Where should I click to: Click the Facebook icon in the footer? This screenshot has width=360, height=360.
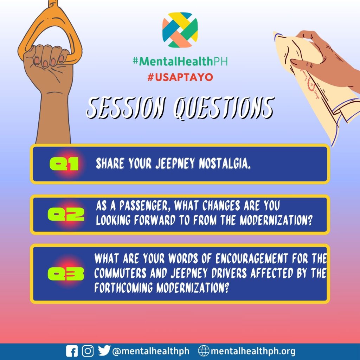click(72, 351)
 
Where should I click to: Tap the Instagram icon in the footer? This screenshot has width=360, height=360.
click(88, 351)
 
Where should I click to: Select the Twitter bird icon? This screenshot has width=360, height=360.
click(104, 351)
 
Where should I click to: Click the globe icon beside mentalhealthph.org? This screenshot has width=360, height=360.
click(204, 351)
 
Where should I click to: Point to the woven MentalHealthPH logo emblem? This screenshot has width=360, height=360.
click(180, 30)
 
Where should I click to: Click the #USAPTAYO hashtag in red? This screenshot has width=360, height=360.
click(180, 77)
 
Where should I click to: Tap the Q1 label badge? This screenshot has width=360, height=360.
click(64, 164)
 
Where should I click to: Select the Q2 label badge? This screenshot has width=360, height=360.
click(66, 214)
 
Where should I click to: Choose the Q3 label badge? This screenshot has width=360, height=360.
click(66, 274)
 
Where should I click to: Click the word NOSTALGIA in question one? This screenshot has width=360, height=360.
click(225, 163)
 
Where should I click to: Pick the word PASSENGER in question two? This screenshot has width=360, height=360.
click(145, 205)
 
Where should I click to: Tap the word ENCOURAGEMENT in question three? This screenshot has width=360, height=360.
click(252, 258)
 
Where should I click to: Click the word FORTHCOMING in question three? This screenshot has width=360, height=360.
click(123, 288)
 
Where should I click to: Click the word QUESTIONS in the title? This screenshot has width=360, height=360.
click(224, 108)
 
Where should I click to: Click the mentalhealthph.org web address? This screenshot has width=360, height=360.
click(253, 351)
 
